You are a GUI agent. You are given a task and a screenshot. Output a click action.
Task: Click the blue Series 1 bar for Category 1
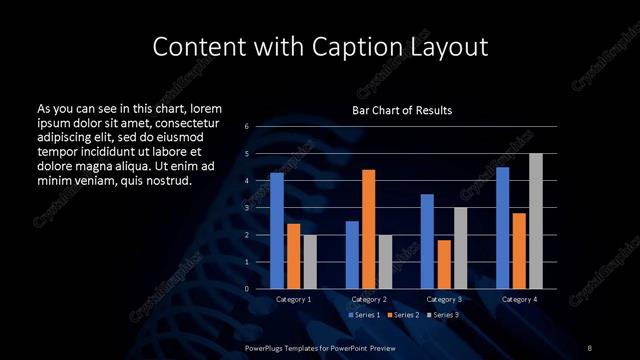click(x=277, y=231)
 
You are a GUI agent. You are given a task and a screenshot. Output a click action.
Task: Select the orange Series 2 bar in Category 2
click(x=369, y=229)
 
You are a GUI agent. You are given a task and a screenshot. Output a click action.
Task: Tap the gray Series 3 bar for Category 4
click(x=536, y=221)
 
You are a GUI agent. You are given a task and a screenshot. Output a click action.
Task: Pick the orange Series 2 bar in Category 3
click(x=444, y=264)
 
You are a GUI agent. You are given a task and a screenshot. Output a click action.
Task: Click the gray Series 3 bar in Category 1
click(x=310, y=262)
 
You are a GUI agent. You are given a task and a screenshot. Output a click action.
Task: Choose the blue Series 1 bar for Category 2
click(x=352, y=255)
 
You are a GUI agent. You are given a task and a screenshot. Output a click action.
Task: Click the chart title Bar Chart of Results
click(x=402, y=110)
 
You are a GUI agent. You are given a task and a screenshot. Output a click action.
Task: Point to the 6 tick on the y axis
click(x=246, y=127)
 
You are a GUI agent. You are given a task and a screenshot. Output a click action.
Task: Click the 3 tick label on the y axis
click(x=246, y=208)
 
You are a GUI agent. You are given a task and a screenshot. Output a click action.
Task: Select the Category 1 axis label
click(x=294, y=299)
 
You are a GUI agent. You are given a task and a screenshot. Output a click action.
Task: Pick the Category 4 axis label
click(x=519, y=299)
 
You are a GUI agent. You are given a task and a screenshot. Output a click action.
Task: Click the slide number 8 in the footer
click(x=590, y=346)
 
